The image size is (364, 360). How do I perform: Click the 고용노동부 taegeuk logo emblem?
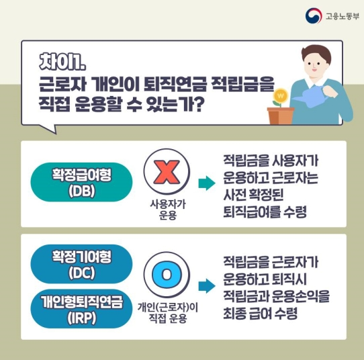pos(313,15)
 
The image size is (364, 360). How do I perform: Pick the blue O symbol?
pos(167,275)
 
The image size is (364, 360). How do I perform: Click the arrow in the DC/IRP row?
pos(206,283)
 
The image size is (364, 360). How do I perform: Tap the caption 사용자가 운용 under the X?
pos(167,210)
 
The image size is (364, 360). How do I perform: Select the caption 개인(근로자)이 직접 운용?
pos(168,313)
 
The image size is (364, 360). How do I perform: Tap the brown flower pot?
pos(281,116)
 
